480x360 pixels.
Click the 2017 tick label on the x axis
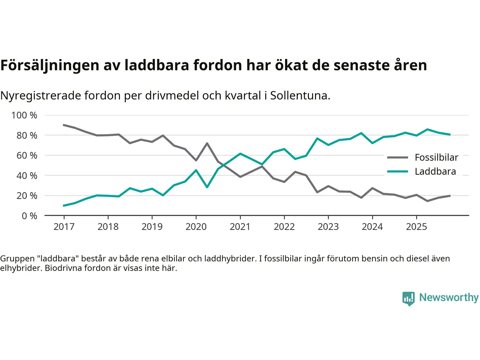pyautogui.click(x=64, y=227)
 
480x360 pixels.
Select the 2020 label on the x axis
pyautogui.click(x=196, y=227)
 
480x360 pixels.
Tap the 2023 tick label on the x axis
pyautogui.click(x=328, y=227)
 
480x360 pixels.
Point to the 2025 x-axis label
pyautogui.click(x=416, y=227)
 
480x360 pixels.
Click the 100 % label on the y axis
pyautogui.click(x=24, y=115)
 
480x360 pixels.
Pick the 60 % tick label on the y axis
pyautogui.click(x=27, y=156)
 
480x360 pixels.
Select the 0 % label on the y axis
pyautogui.click(x=29, y=216)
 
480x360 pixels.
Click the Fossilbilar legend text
pyautogui.click(x=436, y=157)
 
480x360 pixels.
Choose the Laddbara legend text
pyautogui.click(x=435, y=172)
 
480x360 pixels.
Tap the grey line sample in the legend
pyautogui.click(x=397, y=157)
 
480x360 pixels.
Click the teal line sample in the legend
pyautogui.click(x=397, y=172)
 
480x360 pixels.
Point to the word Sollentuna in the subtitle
pyautogui.click(x=300, y=96)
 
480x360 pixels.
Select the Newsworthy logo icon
pyautogui.click(x=408, y=298)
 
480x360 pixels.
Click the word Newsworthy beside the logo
pyautogui.click(x=448, y=297)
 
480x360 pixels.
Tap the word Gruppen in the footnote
pyautogui.click(x=17, y=259)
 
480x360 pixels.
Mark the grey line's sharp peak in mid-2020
pyautogui.click(x=207, y=143)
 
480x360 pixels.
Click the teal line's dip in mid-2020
pyautogui.click(x=207, y=187)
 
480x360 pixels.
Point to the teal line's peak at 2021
pyautogui.click(x=240, y=154)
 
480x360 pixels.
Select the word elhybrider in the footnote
pyautogui.click(x=20, y=268)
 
